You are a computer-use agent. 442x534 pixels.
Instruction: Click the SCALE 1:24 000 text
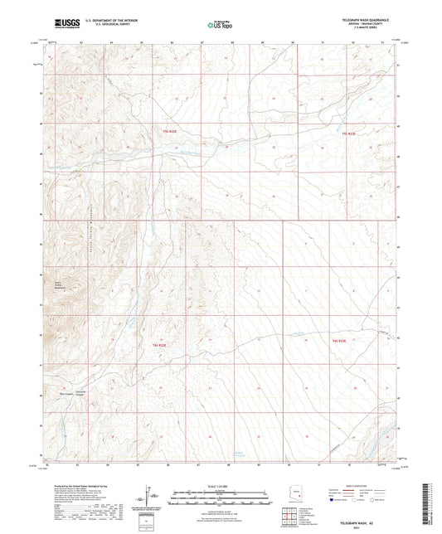pyautogui.click(x=220, y=486)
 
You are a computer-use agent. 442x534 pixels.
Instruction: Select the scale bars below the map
pyautogui.click(x=220, y=493)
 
